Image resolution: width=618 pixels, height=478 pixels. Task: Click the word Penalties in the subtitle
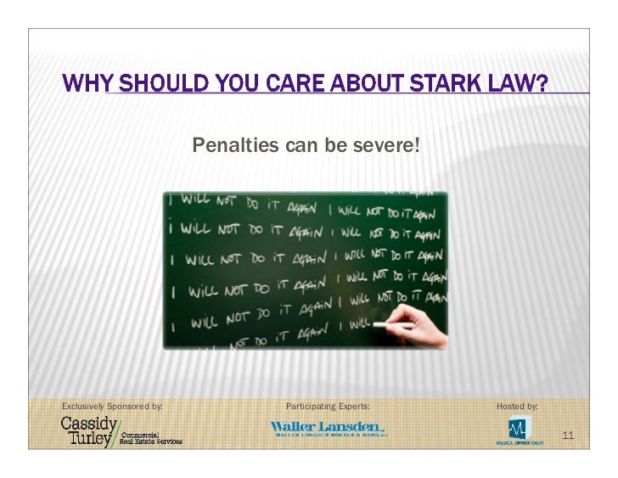(227, 146)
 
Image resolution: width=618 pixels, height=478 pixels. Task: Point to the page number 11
(568, 436)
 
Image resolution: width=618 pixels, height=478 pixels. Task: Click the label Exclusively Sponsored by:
(111, 406)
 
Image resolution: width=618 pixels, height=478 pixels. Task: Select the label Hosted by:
(517, 406)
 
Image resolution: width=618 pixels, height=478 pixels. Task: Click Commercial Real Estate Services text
(150, 438)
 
